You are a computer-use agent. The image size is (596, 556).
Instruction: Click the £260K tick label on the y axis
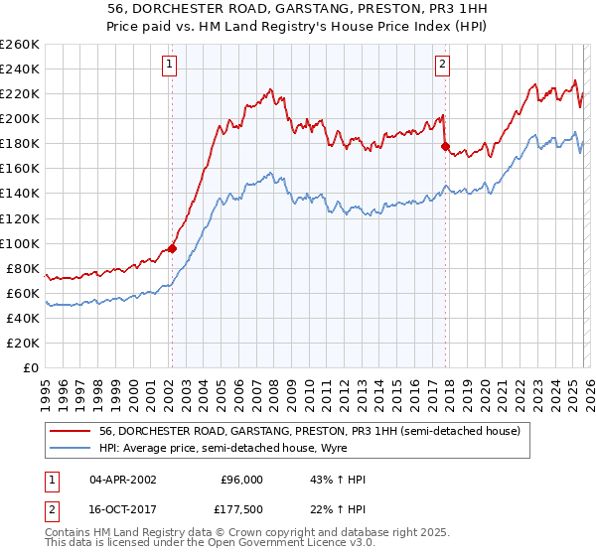click(20, 45)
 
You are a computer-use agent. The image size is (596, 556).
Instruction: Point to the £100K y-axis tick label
click(20, 243)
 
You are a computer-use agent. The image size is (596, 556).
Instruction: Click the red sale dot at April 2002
click(172, 248)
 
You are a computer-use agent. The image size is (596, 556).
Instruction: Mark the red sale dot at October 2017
click(444, 147)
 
